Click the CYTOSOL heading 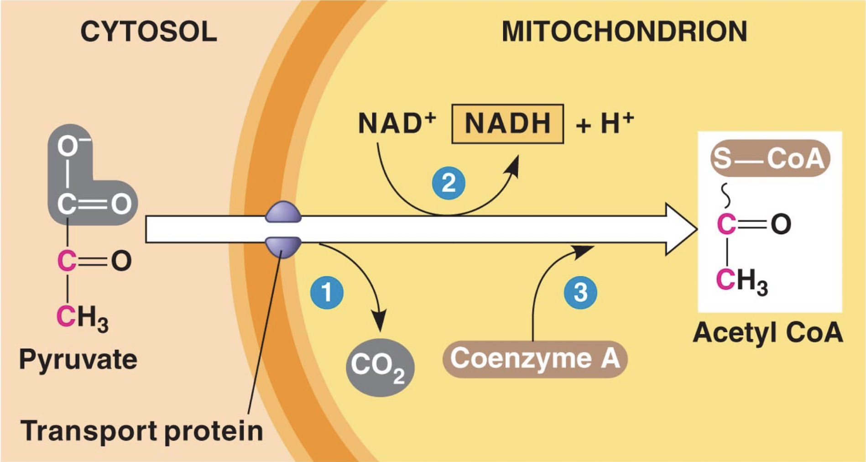148,32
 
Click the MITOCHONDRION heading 624,32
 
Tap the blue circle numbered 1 327,293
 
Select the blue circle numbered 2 449,184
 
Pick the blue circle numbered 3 580,293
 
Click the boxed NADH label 507,124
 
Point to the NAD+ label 396,123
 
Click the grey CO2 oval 380,367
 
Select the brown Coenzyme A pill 535,359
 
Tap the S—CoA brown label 770,158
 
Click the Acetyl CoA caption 767,332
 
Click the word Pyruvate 78,359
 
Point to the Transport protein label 141,430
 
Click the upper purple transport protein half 283,212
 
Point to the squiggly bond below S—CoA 725,195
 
